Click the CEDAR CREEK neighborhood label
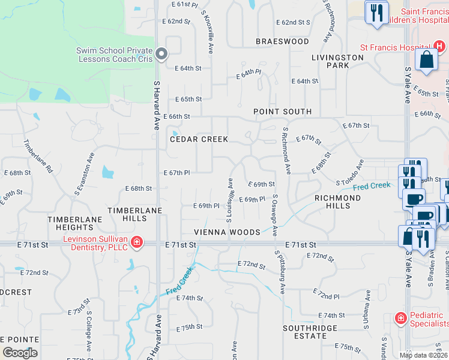(199, 139)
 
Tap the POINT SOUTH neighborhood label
(282, 112)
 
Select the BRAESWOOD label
(282, 41)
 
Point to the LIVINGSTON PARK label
(337, 61)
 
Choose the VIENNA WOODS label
(227, 232)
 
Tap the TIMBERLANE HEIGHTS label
(75, 224)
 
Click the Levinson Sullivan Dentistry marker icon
(137, 242)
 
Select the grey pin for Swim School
(161, 55)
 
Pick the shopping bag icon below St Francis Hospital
(426, 61)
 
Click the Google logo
(20, 353)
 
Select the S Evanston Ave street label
(85, 174)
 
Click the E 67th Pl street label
(176, 173)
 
